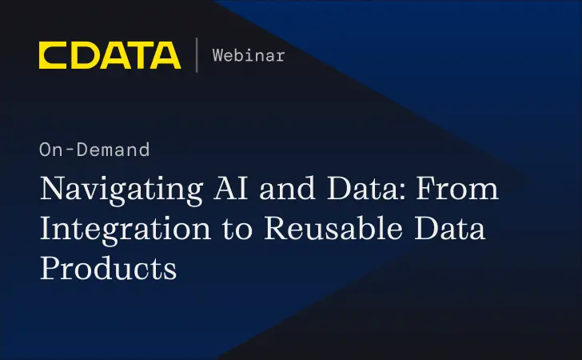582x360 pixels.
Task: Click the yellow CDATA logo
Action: pos(110,55)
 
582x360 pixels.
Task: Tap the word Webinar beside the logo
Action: pos(249,55)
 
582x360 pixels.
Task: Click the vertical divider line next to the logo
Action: pos(197,55)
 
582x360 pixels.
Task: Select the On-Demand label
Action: pos(94,150)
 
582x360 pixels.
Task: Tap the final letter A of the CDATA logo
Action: pos(166,55)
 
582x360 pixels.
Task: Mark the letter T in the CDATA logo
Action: pos(138,55)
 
